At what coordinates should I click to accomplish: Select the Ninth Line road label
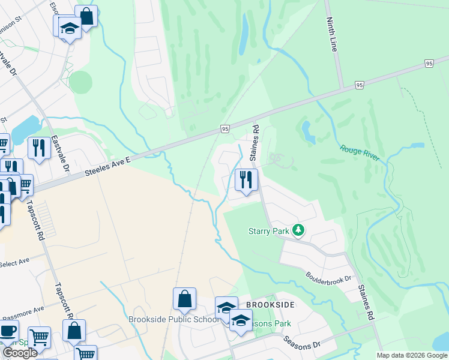(x=331, y=35)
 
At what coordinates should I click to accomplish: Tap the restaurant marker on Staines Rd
(x=246, y=179)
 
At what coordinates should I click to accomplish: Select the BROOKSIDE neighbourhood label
(x=270, y=305)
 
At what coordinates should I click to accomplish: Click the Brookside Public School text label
(x=174, y=319)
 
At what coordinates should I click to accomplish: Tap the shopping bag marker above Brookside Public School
(x=185, y=299)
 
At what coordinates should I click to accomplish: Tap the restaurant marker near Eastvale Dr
(x=40, y=148)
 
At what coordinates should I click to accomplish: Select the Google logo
(x=20, y=352)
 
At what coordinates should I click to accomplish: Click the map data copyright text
(x=412, y=355)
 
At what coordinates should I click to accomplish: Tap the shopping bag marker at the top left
(x=86, y=17)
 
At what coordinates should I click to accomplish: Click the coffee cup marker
(x=7, y=331)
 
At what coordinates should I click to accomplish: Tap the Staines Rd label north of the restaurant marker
(x=255, y=142)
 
